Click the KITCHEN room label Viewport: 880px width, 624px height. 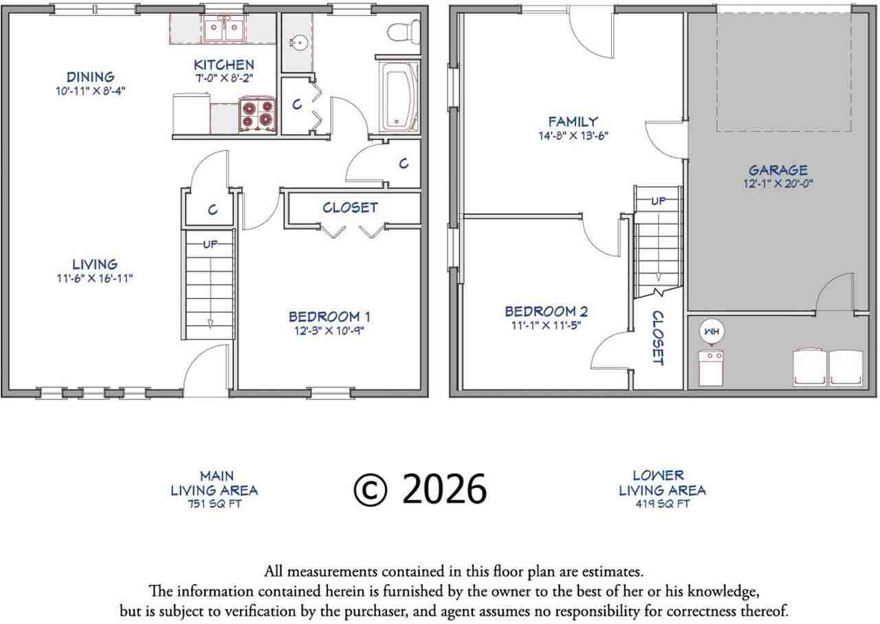click(223, 65)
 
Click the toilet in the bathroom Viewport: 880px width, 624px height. click(403, 32)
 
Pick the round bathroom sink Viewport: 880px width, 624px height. click(298, 43)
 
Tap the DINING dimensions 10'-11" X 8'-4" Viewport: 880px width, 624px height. click(90, 90)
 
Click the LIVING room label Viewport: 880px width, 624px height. click(95, 264)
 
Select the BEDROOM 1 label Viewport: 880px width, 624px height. click(329, 317)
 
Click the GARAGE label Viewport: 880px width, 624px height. click(778, 170)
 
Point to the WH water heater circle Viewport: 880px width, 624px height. click(710, 331)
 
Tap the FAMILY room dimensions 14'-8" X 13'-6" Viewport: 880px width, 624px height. click(573, 136)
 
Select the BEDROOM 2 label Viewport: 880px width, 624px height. click(546, 312)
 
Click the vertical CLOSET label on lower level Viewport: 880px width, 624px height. click(658, 337)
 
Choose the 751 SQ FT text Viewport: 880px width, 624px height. click(214, 504)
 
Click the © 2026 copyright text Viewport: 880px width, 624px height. click(420, 489)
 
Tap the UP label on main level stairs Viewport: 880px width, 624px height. click(210, 244)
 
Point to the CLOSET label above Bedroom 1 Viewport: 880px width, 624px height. click(350, 208)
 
